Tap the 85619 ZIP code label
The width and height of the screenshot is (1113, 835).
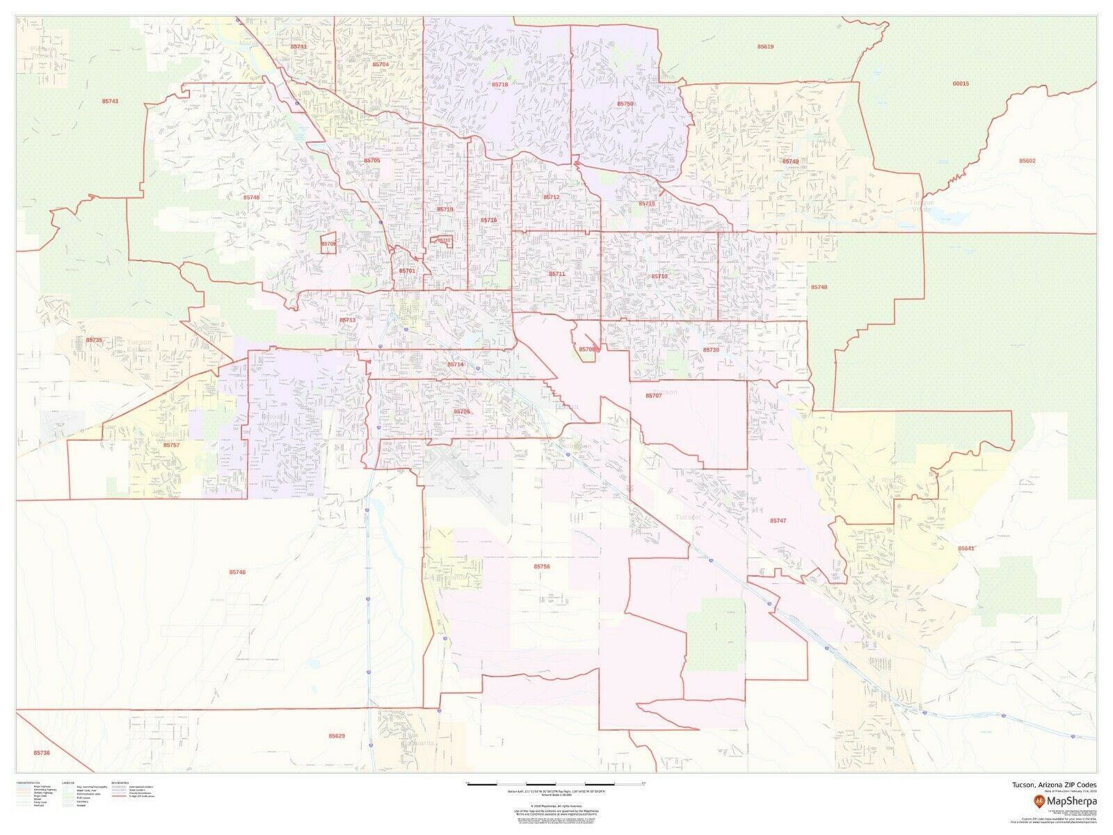[x=765, y=47]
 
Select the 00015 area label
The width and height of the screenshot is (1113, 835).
[x=961, y=83]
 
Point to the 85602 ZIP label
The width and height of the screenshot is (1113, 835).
[x=1027, y=161]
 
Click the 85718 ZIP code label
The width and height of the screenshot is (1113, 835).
[x=499, y=84]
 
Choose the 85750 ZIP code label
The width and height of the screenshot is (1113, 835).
[x=625, y=104]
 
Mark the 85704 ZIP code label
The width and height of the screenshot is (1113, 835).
[x=381, y=64]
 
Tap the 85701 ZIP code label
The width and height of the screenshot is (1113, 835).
[x=407, y=271]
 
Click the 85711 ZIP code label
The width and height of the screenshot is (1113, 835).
[x=556, y=274]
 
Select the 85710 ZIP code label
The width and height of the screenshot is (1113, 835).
[x=659, y=276]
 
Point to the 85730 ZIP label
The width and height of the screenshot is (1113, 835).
[x=710, y=350]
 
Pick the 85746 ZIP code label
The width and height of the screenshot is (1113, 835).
[x=237, y=572]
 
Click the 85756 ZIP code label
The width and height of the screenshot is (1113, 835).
[x=542, y=567]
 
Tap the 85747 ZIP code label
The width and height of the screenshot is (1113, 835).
[x=778, y=520]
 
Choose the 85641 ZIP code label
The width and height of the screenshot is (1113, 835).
[x=966, y=548]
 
